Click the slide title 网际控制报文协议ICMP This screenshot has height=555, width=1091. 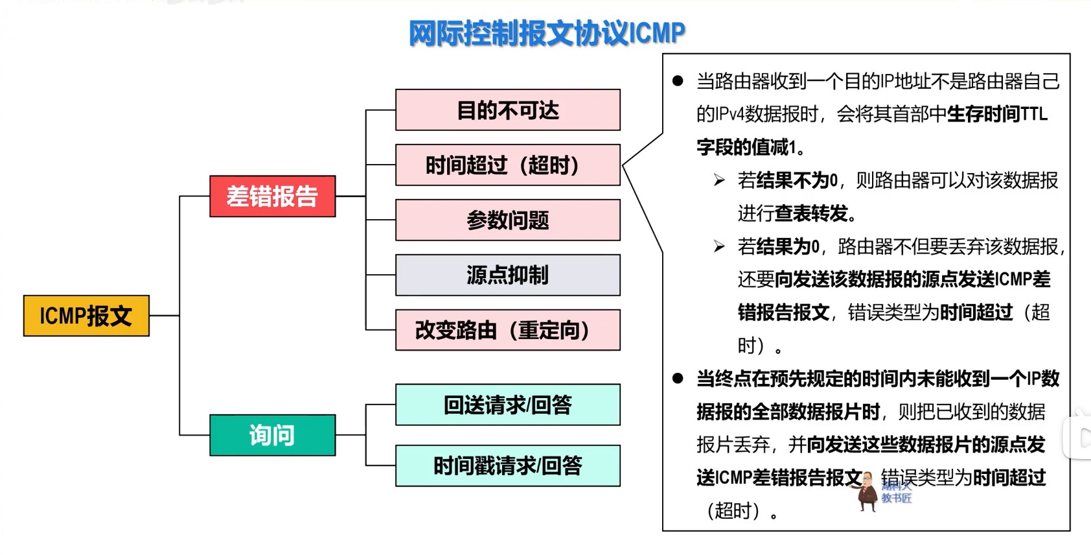point(547,33)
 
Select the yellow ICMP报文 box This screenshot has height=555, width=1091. point(86,316)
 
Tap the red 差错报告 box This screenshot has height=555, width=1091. point(272,196)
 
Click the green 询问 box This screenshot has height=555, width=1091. point(272,435)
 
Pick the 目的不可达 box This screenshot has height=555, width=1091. point(507,110)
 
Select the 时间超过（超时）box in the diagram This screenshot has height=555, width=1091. point(507,165)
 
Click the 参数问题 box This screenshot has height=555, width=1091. point(507,220)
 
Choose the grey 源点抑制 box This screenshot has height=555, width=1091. point(507,276)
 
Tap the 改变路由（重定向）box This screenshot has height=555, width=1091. point(507,330)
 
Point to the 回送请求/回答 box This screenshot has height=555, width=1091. point(507,405)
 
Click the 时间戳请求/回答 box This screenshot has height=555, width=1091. point(507,466)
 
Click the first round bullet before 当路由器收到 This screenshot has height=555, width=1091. point(678,81)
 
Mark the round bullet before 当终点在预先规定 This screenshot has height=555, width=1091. point(678,378)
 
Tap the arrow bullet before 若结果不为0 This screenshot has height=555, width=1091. point(719,180)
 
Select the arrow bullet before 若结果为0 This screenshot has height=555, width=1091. point(719,246)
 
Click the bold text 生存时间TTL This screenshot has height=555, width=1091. point(997,114)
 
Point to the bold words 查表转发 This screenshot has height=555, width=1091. point(812,213)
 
